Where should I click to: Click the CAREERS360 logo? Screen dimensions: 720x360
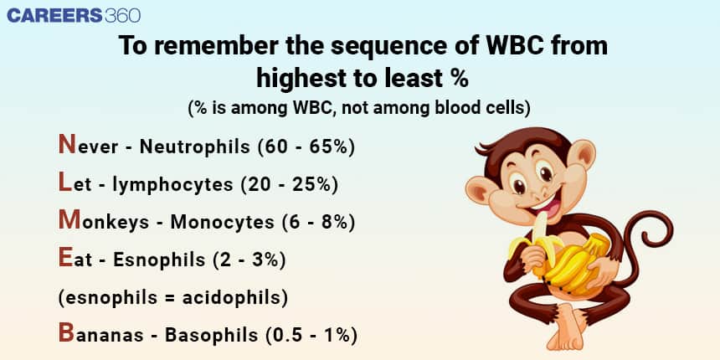[74, 15]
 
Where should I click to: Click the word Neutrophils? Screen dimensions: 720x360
[195, 147]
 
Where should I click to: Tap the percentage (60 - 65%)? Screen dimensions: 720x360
[306, 147]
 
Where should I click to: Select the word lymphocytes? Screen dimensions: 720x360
[172, 184]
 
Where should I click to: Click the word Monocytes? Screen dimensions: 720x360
[222, 222]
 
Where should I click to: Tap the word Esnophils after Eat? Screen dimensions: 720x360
[159, 260]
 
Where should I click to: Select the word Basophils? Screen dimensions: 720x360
[211, 335]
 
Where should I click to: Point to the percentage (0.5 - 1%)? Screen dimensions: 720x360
[311, 335]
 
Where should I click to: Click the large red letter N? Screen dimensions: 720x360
[67, 144]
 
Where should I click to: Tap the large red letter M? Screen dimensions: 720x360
[69, 219]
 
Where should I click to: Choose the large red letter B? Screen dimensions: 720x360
[66, 332]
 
